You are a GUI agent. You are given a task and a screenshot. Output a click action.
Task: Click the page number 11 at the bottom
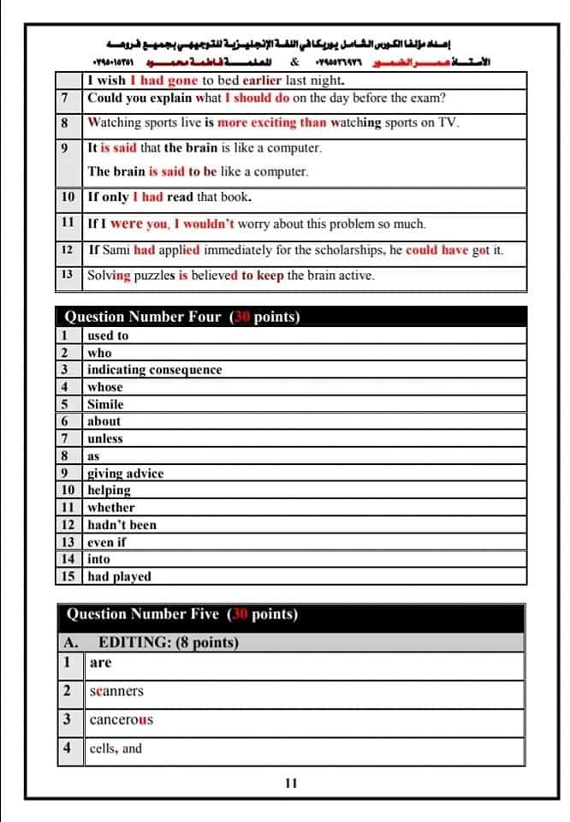coord(291,783)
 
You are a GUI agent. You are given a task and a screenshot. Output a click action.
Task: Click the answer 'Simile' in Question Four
coord(105,404)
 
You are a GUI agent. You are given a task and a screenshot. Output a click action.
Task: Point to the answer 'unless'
coord(105,438)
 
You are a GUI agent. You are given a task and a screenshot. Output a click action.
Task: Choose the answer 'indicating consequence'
coord(154,370)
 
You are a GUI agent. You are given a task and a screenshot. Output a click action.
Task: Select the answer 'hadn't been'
coord(122,525)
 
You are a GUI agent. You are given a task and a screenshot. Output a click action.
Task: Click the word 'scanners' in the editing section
coord(116,691)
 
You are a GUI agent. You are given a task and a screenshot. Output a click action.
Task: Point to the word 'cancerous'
coord(122,719)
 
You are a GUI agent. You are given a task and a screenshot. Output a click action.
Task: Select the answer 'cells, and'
coord(116,748)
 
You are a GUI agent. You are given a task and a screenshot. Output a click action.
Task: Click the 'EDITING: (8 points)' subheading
coord(169,642)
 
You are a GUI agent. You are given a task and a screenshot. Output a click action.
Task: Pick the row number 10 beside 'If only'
coord(68,197)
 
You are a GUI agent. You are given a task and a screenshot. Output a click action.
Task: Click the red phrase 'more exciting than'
coord(272,122)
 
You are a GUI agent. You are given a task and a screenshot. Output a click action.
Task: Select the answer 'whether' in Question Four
coord(111,508)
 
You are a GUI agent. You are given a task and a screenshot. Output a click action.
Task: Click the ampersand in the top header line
coord(294,62)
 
